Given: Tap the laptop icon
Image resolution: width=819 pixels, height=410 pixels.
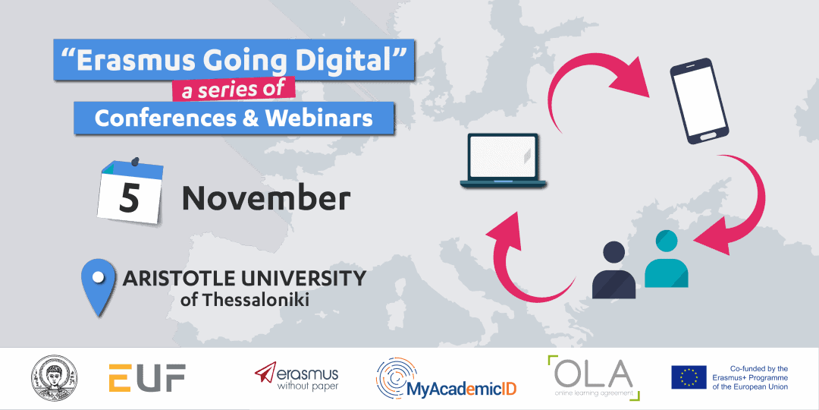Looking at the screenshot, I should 502,161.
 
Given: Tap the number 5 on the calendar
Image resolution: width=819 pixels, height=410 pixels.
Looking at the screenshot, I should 130,197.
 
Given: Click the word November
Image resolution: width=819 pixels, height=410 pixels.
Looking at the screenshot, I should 266,199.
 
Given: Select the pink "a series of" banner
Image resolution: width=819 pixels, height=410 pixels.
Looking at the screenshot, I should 234,89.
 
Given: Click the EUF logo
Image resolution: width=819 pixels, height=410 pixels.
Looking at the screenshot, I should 147,378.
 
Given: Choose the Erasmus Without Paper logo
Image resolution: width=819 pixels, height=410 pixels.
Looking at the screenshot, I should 297,377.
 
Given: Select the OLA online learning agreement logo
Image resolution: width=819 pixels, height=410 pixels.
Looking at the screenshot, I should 593,377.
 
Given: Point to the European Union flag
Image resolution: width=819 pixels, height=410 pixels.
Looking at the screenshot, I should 689,377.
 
